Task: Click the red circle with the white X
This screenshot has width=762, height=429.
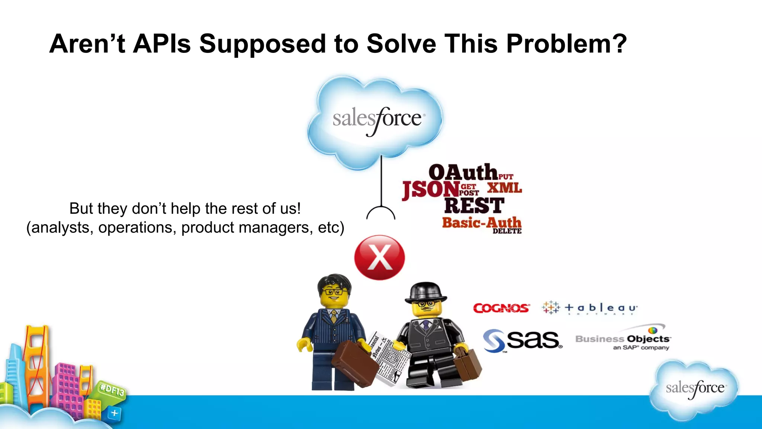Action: coord(380,257)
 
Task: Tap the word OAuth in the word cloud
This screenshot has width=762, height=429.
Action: coord(463,172)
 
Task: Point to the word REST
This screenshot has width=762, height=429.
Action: coord(474,206)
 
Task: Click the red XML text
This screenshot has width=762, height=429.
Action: coord(505,188)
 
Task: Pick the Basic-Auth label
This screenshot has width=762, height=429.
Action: coord(481,222)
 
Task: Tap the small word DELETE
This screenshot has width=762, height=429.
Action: coord(507,231)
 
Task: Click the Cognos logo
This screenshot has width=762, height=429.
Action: coord(501,308)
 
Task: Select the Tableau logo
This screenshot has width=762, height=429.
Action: coord(590,308)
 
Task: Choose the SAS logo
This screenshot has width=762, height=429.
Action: coord(523,340)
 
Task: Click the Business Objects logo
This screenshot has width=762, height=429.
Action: coord(623,339)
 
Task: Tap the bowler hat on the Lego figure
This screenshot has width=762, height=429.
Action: coord(426,292)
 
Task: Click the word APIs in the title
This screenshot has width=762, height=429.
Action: coord(162,44)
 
